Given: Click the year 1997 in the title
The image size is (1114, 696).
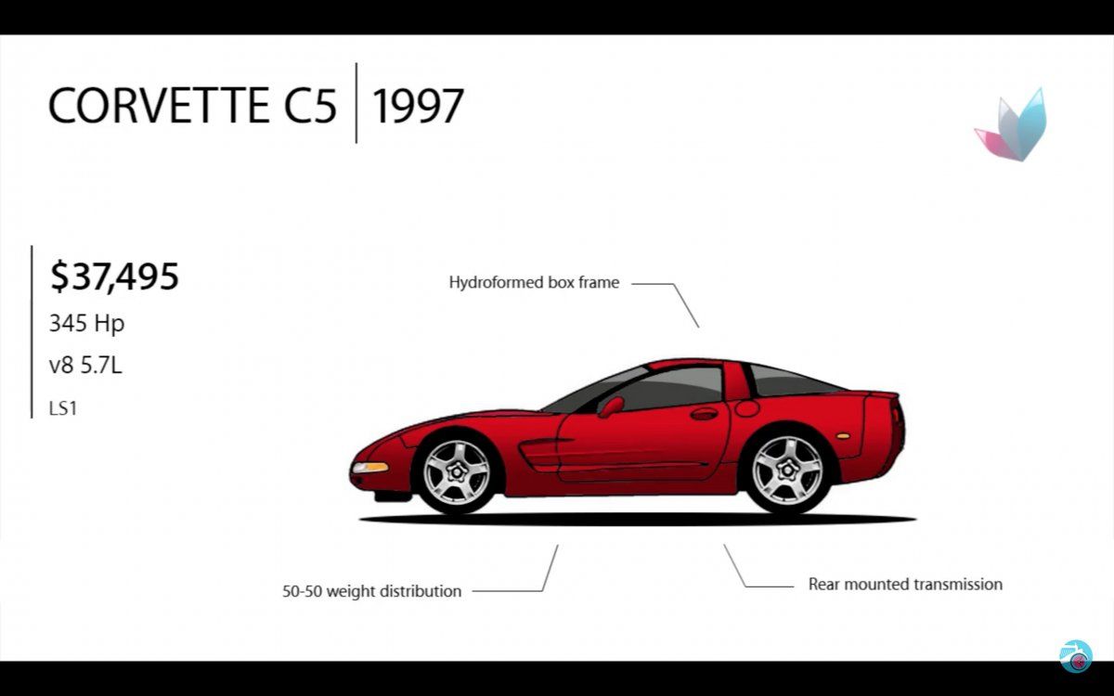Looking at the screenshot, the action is (x=418, y=106).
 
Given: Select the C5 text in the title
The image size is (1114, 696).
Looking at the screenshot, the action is (x=310, y=106).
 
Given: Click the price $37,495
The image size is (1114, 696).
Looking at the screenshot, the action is (x=114, y=277).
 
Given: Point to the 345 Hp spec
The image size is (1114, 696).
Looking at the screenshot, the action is (x=86, y=324).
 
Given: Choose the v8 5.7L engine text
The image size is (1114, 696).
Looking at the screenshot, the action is (x=85, y=366).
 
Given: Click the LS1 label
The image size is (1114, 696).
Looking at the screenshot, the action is (x=63, y=408).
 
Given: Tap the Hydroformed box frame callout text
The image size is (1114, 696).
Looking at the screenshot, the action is (x=534, y=282).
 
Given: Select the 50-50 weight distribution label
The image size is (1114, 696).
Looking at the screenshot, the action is (x=372, y=591).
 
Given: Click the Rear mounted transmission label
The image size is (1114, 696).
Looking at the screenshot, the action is (x=905, y=584).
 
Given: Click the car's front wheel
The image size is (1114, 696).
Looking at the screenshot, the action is (x=457, y=471).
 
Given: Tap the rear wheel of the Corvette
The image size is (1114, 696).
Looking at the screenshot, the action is (x=787, y=470).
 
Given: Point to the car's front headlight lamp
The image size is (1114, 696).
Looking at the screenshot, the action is (x=370, y=468).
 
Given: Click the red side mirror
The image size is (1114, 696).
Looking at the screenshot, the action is (x=611, y=406).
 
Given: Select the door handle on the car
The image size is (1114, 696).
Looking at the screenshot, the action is (x=704, y=414).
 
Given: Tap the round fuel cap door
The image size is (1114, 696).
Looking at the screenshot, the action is (x=746, y=408).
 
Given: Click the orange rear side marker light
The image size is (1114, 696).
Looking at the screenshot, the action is (x=843, y=436).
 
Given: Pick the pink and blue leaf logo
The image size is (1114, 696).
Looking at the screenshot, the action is (x=1011, y=125).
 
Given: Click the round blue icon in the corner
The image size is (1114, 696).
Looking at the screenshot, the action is (x=1076, y=656).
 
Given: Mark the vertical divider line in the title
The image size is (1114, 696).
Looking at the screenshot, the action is (x=356, y=103).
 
